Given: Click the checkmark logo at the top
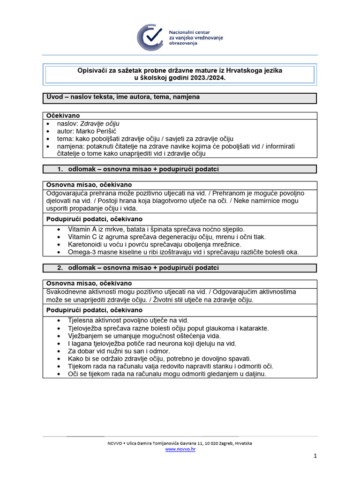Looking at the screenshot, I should click(151, 37).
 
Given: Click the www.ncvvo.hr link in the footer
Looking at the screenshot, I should click(180, 449).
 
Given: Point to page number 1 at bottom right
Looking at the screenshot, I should click(315, 456).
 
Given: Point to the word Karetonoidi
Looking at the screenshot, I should click(86, 244).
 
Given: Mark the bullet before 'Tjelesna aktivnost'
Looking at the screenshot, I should click(58, 321).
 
